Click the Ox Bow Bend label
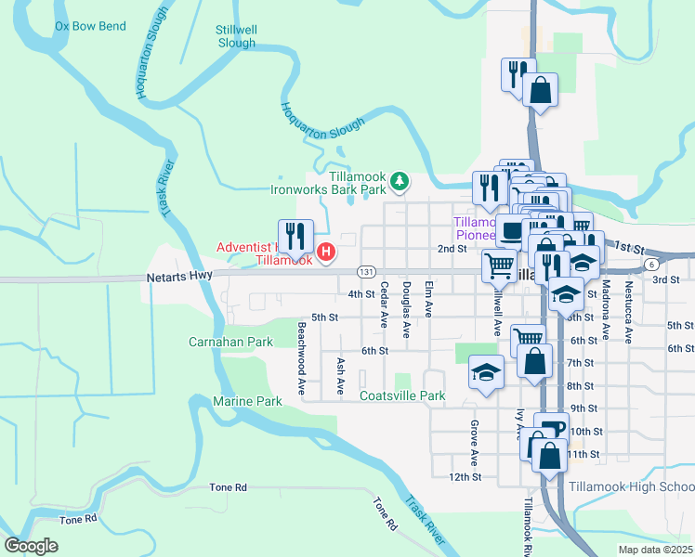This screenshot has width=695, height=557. [x=90, y=26]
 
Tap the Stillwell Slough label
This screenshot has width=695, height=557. [x=236, y=36]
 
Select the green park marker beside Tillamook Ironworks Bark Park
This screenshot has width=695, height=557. [x=400, y=180]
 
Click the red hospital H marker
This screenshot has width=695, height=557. [x=326, y=251]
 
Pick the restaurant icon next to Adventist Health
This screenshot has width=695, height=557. [x=295, y=238]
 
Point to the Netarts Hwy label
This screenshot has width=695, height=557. [x=176, y=278]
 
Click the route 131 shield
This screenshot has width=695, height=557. [x=366, y=272]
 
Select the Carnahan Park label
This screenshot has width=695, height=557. [x=231, y=342]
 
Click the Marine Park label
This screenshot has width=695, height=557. [x=247, y=401]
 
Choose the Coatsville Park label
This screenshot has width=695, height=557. [x=402, y=396]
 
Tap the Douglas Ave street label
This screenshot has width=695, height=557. [x=406, y=305]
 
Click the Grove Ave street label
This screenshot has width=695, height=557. [x=474, y=443]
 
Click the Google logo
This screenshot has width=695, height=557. [x=32, y=546]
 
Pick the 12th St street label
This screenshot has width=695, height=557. [x=464, y=476]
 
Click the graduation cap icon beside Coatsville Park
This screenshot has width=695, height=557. [x=486, y=374]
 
